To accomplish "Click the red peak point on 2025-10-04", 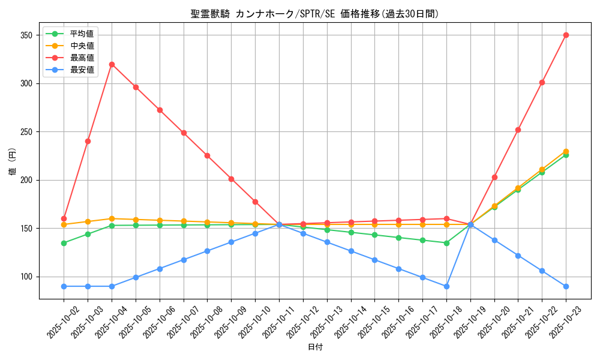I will pyautogui.click(x=112, y=64).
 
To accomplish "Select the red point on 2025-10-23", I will pyautogui.click(x=566, y=35).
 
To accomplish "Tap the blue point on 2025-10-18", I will pyautogui.click(x=446, y=286).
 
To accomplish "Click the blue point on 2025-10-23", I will pyautogui.click(x=566, y=286).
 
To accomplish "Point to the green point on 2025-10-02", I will pyautogui.click(x=64, y=243).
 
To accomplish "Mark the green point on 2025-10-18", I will pyautogui.click(x=446, y=243).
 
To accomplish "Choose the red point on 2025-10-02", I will pyautogui.click(x=64, y=218).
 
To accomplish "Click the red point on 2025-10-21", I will pyautogui.click(x=518, y=130).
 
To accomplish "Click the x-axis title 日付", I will pyautogui.click(x=315, y=347).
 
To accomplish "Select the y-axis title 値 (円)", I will pyautogui.click(x=12, y=162).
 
